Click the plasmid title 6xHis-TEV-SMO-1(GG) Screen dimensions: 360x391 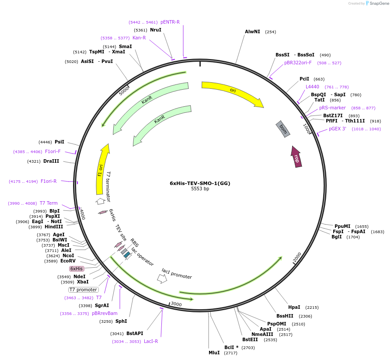tap(200, 183)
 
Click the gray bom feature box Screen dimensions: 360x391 tap(283, 129)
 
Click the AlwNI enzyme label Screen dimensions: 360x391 tap(252, 31)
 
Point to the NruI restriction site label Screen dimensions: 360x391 tap(156, 30)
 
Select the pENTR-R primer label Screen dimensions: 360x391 tap(170, 22)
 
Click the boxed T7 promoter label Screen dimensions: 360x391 tap(84, 290)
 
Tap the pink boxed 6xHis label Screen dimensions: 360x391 tap(77, 269)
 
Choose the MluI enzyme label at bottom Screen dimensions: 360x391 tap(214, 352)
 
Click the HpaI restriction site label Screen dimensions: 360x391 tap(294, 307)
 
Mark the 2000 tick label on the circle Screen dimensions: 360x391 tap(297, 258)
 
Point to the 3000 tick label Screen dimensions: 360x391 tap(176, 304)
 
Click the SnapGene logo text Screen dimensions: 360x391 tap(377, 3)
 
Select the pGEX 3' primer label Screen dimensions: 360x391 tap(338, 129)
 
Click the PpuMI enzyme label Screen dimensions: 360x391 tap(342, 226)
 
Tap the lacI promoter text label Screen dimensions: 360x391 tap(177, 274)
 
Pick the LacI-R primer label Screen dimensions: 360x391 tap(151, 341)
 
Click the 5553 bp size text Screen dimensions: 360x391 tap(200, 189)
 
